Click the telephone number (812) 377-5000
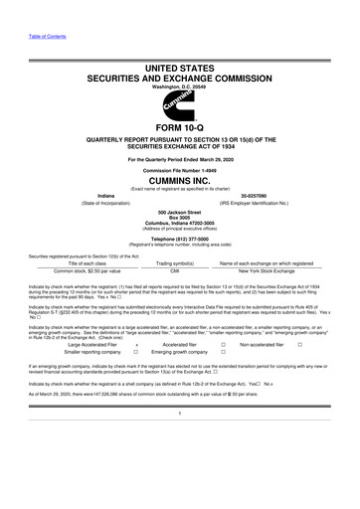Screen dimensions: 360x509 point(180,240)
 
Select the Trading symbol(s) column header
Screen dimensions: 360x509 point(174,261)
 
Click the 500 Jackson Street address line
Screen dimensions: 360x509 point(180,212)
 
